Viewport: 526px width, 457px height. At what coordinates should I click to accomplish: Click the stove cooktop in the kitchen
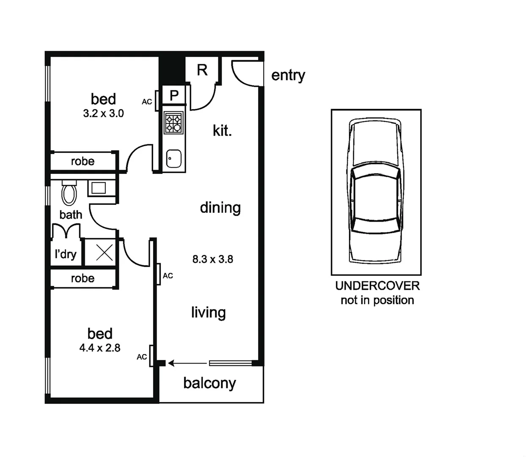[x=173, y=122]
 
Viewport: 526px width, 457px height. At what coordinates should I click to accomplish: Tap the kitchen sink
[x=174, y=159]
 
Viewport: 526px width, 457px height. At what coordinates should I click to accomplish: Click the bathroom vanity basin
[x=99, y=187]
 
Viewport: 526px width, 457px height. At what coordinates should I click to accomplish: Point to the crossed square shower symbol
[x=104, y=253]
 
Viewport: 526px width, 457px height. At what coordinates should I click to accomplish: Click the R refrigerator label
[x=202, y=70]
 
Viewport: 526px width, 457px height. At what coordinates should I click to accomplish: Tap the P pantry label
[x=174, y=96]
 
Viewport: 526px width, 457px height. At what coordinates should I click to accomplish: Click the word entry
[x=288, y=75]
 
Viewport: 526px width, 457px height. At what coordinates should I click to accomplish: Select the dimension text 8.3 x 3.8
[x=212, y=259]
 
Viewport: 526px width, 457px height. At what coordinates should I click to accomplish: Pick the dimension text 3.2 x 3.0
[x=103, y=113]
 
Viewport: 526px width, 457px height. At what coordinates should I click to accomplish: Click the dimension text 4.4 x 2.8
[x=100, y=348]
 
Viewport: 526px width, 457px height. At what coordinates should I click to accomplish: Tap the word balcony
[x=209, y=383]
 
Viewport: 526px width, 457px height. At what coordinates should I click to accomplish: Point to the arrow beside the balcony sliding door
[x=187, y=363]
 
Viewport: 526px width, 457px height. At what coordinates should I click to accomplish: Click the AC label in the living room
[x=168, y=276]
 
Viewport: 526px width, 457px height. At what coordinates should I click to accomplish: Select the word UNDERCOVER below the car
[x=377, y=286]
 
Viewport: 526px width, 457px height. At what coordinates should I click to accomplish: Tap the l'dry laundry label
[x=66, y=254]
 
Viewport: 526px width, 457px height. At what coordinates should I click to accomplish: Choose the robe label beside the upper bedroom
[x=83, y=161]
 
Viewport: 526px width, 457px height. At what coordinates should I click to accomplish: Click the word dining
[x=220, y=208]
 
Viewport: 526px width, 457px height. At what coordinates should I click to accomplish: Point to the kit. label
[x=222, y=131]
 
